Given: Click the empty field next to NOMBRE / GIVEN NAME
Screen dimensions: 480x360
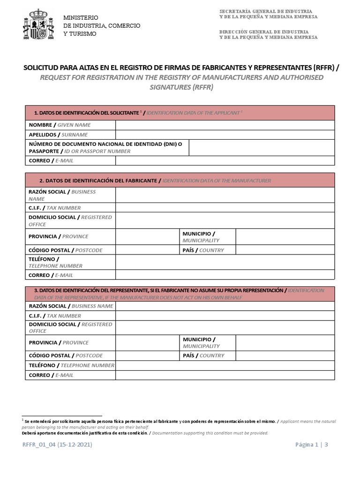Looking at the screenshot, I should (x=225, y=125).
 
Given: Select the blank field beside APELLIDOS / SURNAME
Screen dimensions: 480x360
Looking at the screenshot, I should (x=225, y=135).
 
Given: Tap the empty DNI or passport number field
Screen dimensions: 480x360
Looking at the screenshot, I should (x=262, y=148).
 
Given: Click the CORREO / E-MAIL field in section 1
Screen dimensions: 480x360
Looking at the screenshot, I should (x=225, y=161).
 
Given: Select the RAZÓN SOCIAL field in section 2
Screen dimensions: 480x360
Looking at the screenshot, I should (x=225, y=195).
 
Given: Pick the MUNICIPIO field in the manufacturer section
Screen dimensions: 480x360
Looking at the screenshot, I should (x=285, y=237).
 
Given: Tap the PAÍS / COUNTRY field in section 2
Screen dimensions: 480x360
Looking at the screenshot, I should (x=285, y=250).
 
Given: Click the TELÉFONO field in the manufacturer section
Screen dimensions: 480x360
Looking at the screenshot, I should (x=225, y=262).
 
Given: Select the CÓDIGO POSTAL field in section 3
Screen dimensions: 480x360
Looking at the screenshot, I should (x=148, y=356).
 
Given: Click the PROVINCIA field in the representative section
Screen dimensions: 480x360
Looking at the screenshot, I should (x=148, y=343).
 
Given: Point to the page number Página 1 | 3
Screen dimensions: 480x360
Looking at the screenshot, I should (x=312, y=445).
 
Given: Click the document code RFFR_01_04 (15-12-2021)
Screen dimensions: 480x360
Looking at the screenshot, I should (x=57, y=445).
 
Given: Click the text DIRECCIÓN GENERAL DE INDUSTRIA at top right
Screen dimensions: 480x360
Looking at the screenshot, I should (x=265, y=31).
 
